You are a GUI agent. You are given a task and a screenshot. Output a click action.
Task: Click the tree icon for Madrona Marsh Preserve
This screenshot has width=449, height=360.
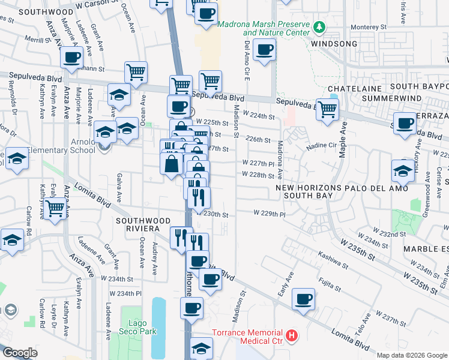(319, 27)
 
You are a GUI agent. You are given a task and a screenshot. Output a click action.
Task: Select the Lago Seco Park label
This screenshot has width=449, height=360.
(137, 328)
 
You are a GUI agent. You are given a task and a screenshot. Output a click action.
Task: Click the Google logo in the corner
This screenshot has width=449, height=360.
(20, 353)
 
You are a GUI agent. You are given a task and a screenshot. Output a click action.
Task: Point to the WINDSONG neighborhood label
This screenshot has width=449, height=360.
(334, 44)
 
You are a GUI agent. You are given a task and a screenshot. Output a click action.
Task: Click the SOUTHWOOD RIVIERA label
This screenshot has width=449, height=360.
(137, 224)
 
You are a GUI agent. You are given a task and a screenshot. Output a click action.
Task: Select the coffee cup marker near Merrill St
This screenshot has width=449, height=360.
(71, 58)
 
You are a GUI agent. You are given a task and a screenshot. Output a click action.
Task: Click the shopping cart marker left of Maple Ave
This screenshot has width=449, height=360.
(327, 109)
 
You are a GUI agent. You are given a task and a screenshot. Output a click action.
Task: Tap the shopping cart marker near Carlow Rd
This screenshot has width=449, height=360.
(55, 209)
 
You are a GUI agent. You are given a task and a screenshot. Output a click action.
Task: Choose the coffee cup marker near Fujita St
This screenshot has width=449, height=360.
(304, 298)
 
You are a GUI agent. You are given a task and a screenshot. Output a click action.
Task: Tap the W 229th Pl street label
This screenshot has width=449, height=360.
(268, 213)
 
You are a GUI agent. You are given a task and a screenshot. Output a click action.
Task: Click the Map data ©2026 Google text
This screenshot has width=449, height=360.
(411, 355)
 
